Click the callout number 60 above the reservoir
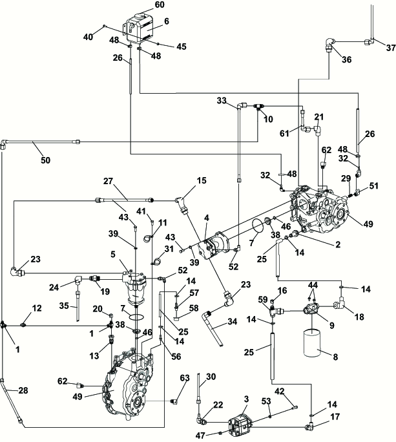(x=160, y=5)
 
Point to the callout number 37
(x=391, y=48)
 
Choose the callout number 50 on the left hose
(x=45, y=160)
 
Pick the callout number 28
(x=23, y=390)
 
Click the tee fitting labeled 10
(x=259, y=107)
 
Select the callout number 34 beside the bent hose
(x=232, y=321)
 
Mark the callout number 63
(x=185, y=378)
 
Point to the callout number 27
(x=108, y=181)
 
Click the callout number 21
(x=318, y=117)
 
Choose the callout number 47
(x=200, y=436)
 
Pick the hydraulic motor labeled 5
(x=135, y=288)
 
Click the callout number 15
(x=202, y=180)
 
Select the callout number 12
(x=37, y=308)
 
